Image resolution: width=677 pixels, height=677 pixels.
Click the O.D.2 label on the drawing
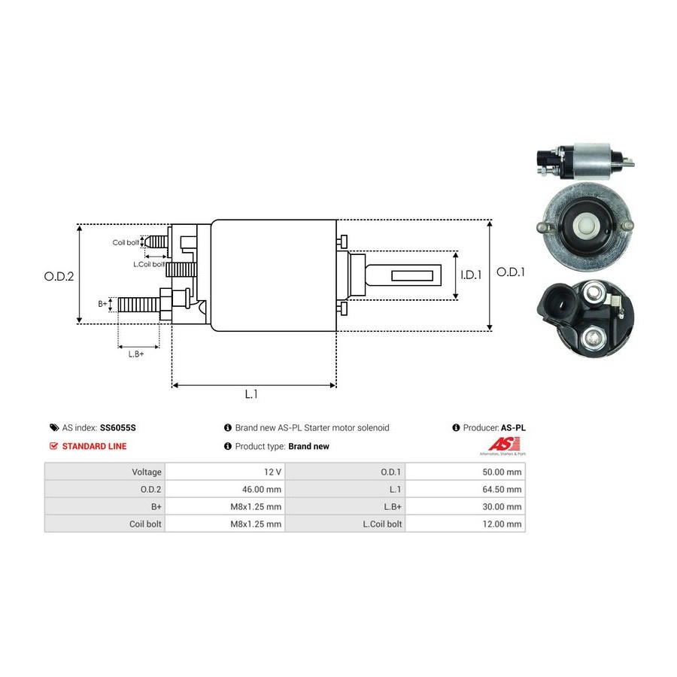click(59, 276)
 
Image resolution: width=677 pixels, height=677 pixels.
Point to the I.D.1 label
click(470, 275)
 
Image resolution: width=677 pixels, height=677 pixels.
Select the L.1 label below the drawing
click(252, 393)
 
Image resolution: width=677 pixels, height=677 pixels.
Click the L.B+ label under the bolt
click(136, 354)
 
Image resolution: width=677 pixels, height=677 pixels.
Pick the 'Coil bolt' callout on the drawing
click(126, 242)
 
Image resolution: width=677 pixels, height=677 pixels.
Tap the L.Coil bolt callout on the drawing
click(148, 264)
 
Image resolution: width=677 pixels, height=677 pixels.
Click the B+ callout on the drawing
click(103, 304)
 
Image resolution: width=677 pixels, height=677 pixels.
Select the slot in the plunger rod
click(415, 275)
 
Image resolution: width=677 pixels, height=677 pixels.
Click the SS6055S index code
click(118, 427)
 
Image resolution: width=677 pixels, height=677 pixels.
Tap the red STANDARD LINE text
click(94, 446)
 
